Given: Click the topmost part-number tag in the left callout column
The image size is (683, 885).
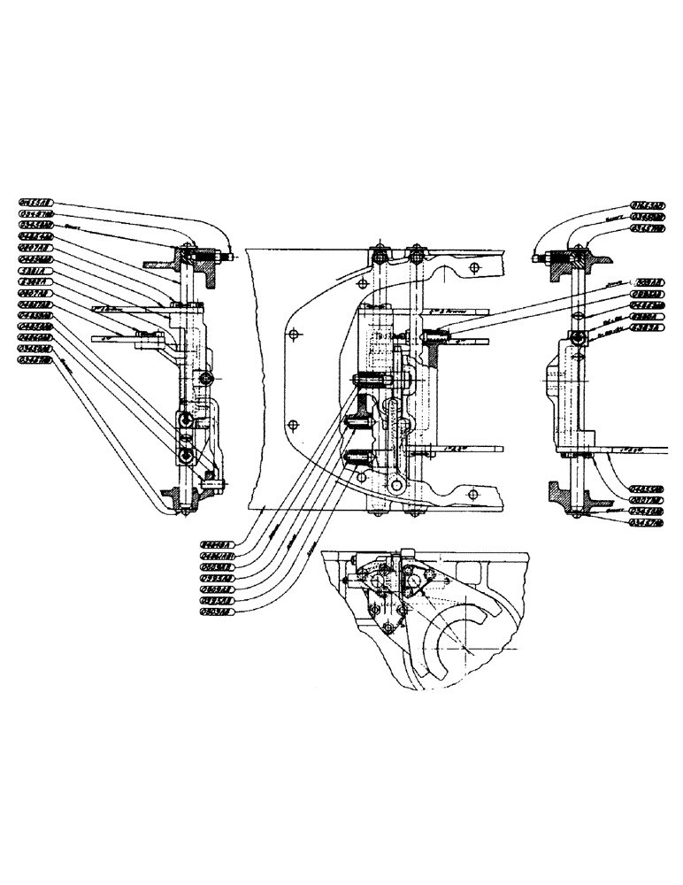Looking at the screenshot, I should pyautogui.click(x=36, y=203).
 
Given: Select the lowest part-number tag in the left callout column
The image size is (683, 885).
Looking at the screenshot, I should pyautogui.click(x=36, y=360).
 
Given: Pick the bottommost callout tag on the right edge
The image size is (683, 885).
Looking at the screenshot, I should pyautogui.click(x=648, y=523).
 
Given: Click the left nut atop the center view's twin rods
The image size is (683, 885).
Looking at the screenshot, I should pyautogui.click(x=380, y=257).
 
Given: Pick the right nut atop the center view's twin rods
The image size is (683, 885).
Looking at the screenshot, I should pyautogui.click(x=415, y=257).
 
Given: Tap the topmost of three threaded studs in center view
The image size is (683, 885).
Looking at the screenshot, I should pyautogui.click(x=370, y=381).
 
